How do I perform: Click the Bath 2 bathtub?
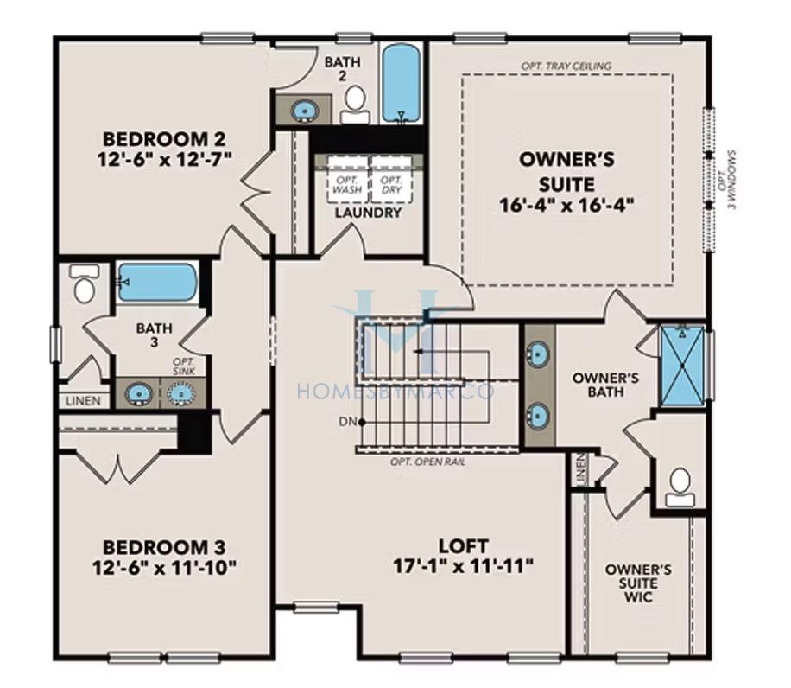[x=401, y=83]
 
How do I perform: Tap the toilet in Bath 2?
[x=356, y=104]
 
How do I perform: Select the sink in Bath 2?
[x=304, y=110]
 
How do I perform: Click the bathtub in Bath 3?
[x=157, y=282]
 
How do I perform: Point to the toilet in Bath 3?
[x=85, y=283]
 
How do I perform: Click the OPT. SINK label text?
[x=183, y=366]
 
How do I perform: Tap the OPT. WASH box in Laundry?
[x=348, y=180]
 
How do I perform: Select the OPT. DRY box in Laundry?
[x=391, y=180]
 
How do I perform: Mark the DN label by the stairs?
[x=347, y=422]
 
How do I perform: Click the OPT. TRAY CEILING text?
[x=566, y=66]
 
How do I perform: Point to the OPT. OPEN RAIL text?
[x=427, y=462]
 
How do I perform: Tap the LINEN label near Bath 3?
[x=83, y=401]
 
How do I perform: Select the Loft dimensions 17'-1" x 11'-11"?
[x=463, y=566]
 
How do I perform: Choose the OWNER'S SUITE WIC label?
[x=638, y=583]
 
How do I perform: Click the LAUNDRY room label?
[x=368, y=213]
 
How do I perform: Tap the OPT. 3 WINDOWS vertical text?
[x=727, y=180]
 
